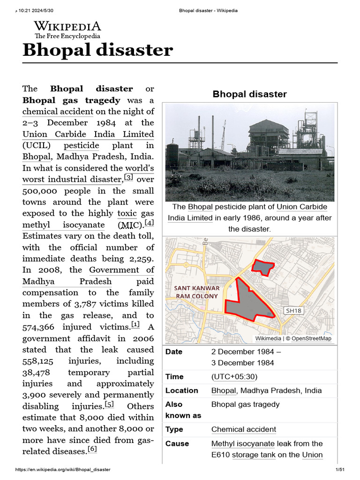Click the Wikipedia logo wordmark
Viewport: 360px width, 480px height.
pyautogui.click(x=67, y=27)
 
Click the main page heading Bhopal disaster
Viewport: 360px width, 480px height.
pyautogui.click(x=97, y=50)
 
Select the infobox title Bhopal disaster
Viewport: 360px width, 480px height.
pyautogui.click(x=249, y=94)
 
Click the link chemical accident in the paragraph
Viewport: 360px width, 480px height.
pyautogui.click(x=58, y=112)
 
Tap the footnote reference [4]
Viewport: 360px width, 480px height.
pyautogui.click(x=149, y=223)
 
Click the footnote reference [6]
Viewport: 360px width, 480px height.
pyautogui.click(x=92, y=450)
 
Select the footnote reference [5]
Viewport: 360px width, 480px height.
pyautogui.click(x=109, y=405)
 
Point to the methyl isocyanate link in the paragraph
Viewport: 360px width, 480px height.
pyautogui.click(x=63, y=225)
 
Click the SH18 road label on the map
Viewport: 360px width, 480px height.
pyautogui.click(x=293, y=310)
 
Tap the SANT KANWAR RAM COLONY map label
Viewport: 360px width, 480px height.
pyautogui.click(x=197, y=292)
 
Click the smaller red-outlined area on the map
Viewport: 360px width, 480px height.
pyautogui.click(x=262, y=267)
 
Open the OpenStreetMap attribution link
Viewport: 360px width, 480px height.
pyautogui.click(x=311, y=338)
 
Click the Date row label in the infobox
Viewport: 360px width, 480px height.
pyautogui.click(x=174, y=352)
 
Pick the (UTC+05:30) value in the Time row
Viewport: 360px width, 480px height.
pyautogui.click(x=234, y=377)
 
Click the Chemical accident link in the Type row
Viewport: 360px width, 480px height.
pyautogui.click(x=243, y=429)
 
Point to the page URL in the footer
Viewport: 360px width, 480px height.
pyautogui.click(x=63, y=470)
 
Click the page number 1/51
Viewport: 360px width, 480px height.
pyautogui.click(x=339, y=470)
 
